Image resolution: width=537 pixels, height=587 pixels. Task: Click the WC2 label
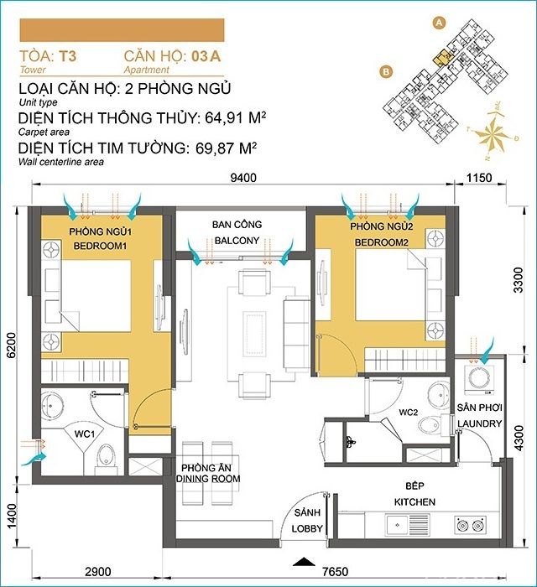(x=408, y=412)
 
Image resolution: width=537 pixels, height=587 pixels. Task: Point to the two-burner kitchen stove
(x=467, y=525)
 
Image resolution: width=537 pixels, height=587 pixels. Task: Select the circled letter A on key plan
(x=437, y=24)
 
